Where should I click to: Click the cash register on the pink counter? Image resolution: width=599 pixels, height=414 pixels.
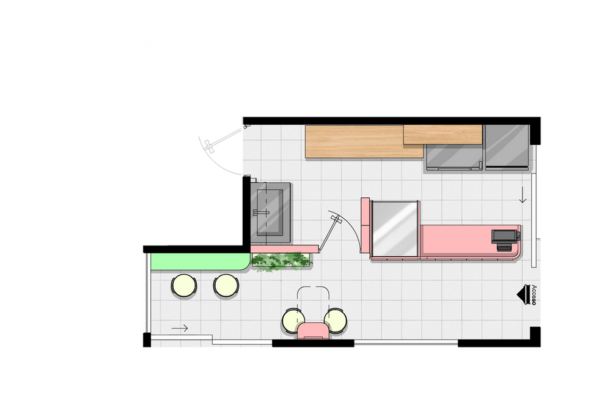pyautogui.click(x=503, y=238)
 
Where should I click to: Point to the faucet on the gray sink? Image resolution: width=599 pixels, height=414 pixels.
pyautogui.click(x=261, y=212)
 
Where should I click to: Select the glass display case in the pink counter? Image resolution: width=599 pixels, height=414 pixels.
pyautogui.click(x=395, y=229)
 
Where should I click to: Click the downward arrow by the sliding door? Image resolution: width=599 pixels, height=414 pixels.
pyautogui.click(x=523, y=197)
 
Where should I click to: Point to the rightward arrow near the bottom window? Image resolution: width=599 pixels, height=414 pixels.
pyautogui.click(x=180, y=329)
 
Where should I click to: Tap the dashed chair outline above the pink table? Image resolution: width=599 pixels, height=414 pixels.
pyautogui.click(x=314, y=297)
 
